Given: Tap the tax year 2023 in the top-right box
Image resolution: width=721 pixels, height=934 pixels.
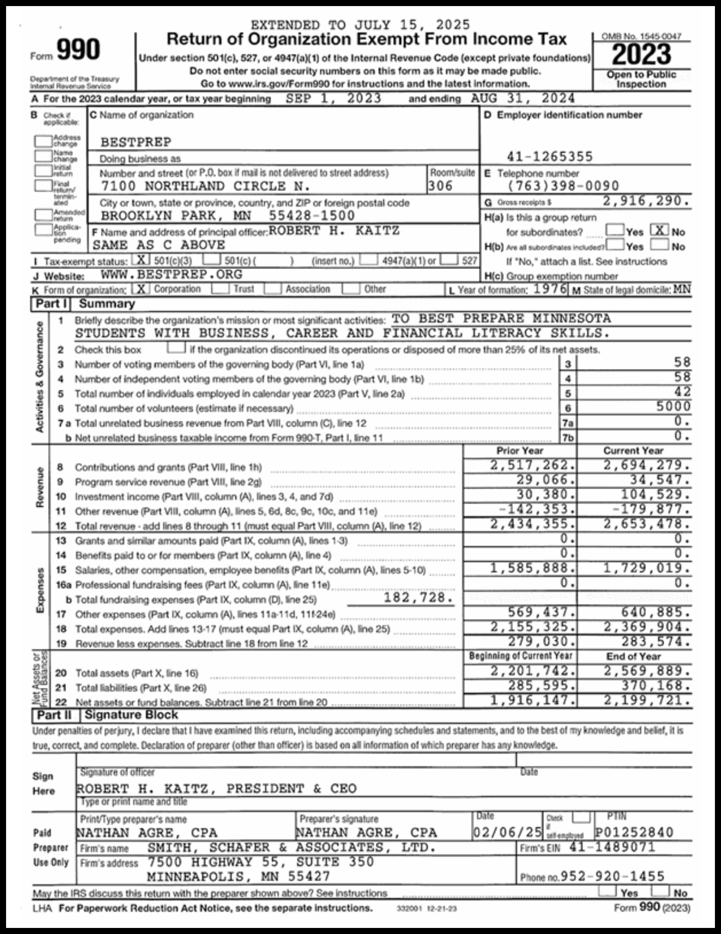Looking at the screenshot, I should click(x=641, y=55).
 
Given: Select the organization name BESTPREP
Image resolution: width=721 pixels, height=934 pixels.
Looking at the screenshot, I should click(x=136, y=142).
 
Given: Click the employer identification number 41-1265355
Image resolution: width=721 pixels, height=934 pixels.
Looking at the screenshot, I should click(x=550, y=156).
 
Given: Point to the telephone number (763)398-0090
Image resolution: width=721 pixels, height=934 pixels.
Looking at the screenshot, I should click(x=563, y=186).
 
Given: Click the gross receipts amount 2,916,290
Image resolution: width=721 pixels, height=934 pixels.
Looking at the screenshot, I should click(x=646, y=201).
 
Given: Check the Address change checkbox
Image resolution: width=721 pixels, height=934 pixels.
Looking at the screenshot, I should click(x=43, y=141).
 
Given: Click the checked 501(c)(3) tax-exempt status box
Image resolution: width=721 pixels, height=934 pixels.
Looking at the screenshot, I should click(x=141, y=260).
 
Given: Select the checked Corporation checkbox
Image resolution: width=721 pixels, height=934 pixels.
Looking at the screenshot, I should click(x=140, y=289).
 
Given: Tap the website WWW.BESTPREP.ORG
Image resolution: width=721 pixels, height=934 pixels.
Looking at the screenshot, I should click(x=171, y=274).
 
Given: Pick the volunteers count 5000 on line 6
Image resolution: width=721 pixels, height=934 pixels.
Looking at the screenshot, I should click(x=673, y=406).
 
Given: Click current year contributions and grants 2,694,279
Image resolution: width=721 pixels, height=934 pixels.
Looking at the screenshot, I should click(x=646, y=465).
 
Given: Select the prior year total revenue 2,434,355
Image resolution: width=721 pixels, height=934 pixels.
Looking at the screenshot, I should click(x=532, y=524).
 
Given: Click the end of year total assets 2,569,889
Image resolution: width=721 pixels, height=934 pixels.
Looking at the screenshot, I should click(x=646, y=671).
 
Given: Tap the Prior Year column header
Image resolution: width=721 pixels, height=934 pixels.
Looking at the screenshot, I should click(x=519, y=451).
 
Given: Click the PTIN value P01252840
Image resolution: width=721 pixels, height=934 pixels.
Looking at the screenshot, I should click(x=634, y=832).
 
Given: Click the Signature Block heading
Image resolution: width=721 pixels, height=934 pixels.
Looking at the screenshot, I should click(x=131, y=715).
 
